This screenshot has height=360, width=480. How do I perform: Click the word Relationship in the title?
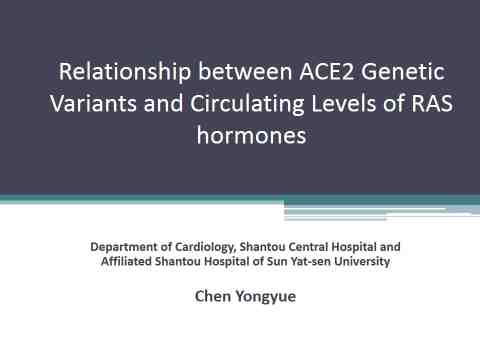click(x=125, y=72)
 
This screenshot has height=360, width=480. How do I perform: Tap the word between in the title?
click(x=245, y=72)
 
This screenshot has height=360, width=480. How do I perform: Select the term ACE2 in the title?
click(x=327, y=72)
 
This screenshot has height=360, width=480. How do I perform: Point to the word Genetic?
click(x=403, y=72)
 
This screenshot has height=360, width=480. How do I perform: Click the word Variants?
click(x=93, y=103)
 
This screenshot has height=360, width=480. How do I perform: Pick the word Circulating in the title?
click(x=247, y=104)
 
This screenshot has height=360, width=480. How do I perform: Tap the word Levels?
click(x=344, y=103)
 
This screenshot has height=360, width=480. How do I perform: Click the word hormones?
click(x=251, y=135)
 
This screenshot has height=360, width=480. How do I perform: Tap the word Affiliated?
click(x=126, y=261)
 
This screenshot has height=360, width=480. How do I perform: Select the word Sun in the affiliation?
click(x=277, y=261)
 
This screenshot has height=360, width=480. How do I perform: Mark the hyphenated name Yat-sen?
click(x=311, y=261)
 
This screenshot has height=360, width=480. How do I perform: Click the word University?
click(x=362, y=262)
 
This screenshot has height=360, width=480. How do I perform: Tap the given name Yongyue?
click(x=266, y=297)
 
